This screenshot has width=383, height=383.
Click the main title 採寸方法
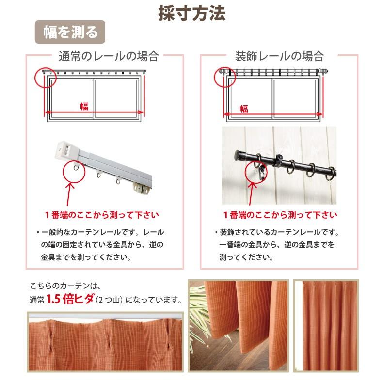click(x=191, y=14)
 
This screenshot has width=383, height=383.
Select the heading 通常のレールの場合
click(x=108, y=56)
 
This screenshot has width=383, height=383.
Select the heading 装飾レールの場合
click(x=279, y=56)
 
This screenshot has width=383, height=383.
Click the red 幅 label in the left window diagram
click(x=84, y=107)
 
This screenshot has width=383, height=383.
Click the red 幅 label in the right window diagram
click(x=244, y=108)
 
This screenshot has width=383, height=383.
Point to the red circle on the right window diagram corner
click(x=223, y=77)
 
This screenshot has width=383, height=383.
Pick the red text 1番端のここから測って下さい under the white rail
click(x=102, y=214)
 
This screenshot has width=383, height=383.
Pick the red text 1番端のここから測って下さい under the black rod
click(x=280, y=214)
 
